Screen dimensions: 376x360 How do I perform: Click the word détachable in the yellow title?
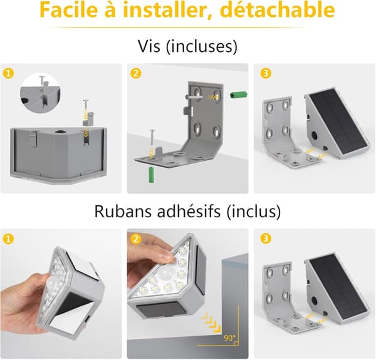point(277,10)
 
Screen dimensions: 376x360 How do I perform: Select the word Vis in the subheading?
point(149,46)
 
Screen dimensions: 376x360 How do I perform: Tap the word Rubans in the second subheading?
point(122,211)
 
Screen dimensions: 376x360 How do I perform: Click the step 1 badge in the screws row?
point(8,73)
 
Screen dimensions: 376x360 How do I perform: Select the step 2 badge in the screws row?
point(136,73)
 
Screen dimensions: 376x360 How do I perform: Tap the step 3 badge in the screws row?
point(266,73)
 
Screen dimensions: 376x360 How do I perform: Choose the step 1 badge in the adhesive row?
point(8,239)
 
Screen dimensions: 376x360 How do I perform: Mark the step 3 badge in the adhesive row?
point(266,239)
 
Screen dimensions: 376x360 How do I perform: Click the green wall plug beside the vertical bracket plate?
point(239,95)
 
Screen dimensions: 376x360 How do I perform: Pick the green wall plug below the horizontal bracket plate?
point(151,175)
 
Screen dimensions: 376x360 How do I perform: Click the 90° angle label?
point(229,337)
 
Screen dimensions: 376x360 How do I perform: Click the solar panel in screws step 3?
point(338,122)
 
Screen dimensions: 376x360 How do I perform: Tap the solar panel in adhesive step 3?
point(338,287)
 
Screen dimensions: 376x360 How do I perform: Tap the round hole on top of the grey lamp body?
point(59,131)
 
